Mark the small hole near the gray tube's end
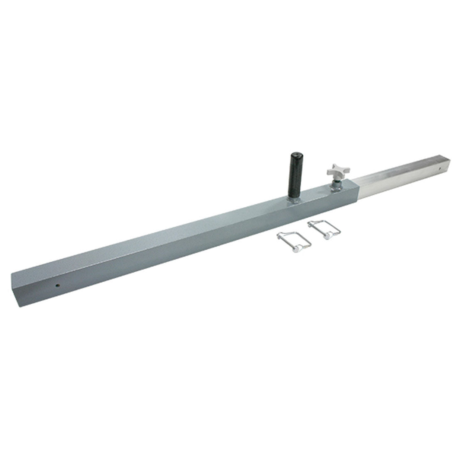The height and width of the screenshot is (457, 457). (x=57, y=286)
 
